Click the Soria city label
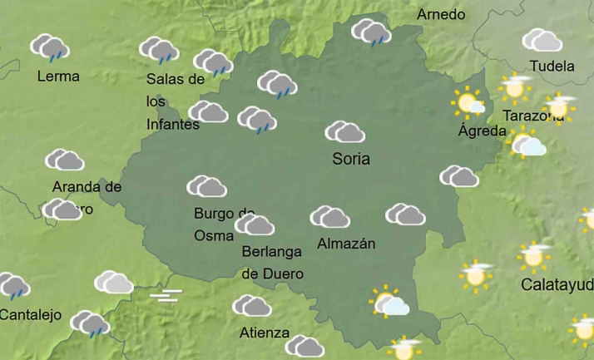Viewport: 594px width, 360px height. click(350, 158)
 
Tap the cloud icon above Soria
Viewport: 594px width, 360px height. click(344, 131)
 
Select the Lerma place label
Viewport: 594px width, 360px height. click(58, 76)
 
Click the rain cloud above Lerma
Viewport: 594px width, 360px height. click(50, 47)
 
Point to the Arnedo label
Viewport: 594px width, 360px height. click(441, 15)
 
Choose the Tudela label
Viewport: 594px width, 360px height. click(552, 66)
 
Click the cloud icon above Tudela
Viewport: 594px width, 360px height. click(542, 40)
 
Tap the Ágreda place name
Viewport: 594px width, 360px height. click(482, 131)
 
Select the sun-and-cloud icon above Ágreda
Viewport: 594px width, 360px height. click(469, 103)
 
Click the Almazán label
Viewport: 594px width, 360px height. click(346, 244)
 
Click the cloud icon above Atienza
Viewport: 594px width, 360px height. click(251, 306)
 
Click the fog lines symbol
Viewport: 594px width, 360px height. click(166, 295)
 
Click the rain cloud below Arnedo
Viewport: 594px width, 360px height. click(371, 32)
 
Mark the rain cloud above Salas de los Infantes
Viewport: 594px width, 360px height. click(158, 50)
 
